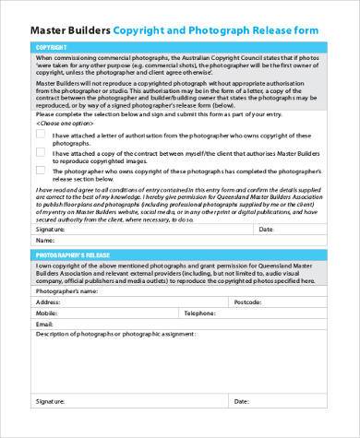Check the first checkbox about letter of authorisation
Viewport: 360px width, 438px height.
point(40,133)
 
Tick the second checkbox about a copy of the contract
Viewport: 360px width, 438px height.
point(40,154)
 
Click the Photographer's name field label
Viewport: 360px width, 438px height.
point(66,290)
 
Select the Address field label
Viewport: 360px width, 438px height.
point(49,302)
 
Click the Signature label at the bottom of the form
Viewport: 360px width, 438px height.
point(51,402)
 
